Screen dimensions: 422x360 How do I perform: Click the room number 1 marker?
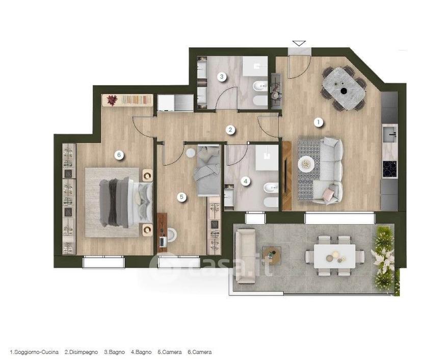319,122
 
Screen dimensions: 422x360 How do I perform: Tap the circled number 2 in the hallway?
230,130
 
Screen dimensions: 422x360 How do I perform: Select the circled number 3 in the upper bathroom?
222,76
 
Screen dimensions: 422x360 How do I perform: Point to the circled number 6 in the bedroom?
119,155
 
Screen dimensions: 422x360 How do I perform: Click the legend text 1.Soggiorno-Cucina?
34,352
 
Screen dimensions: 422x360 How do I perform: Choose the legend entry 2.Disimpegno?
81,352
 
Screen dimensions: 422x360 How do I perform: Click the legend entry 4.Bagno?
141,352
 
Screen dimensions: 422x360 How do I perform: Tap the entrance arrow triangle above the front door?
299,43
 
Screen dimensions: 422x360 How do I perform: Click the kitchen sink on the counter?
390,134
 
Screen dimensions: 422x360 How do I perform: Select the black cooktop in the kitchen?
390,169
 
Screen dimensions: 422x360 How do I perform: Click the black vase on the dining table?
344,91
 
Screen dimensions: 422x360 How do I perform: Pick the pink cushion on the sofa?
328,194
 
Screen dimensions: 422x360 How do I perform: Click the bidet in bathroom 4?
271,188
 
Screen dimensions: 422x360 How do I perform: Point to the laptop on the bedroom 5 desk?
163,242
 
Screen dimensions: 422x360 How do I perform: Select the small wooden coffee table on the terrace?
272,255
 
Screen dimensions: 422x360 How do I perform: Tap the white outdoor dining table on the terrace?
334,256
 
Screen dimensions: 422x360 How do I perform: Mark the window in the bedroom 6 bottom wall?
104,262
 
